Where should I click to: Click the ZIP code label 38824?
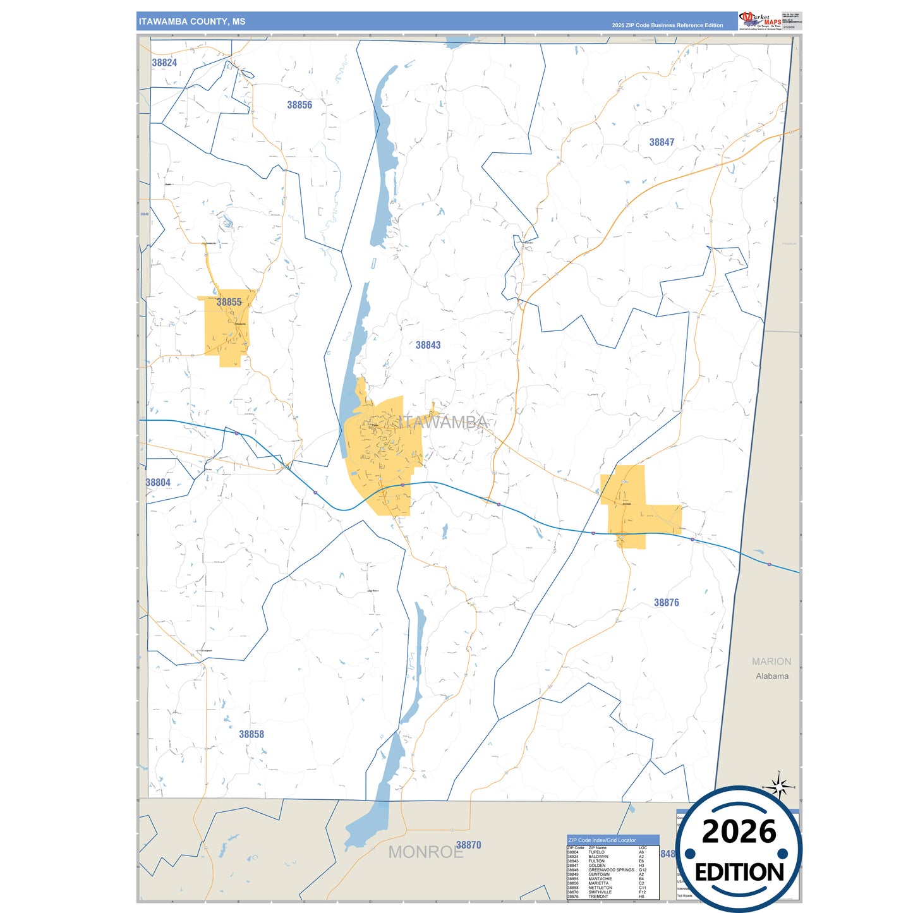pos(164,63)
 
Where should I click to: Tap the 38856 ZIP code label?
pos(299,105)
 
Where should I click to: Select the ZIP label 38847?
pos(662,142)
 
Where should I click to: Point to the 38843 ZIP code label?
pos(428,345)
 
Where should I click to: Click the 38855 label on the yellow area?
pos(229,302)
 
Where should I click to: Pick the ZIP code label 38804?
pos(158,482)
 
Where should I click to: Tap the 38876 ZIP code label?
pos(666,602)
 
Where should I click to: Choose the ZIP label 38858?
pos(251,734)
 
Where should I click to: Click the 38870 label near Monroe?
pos(469,845)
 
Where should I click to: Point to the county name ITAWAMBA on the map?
pos(444,422)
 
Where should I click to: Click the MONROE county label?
pos(425,852)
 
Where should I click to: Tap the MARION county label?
pos(771,662)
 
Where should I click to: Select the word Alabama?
pos(771,676)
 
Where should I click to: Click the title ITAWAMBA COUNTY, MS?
pos(192,21)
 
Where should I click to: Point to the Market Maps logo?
pos(760,20)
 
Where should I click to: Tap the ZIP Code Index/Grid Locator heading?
pos(602,840)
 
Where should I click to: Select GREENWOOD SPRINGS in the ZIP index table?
pos(611,870)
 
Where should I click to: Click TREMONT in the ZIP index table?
pos(598,897)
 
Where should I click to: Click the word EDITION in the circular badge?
pos(739,873)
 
